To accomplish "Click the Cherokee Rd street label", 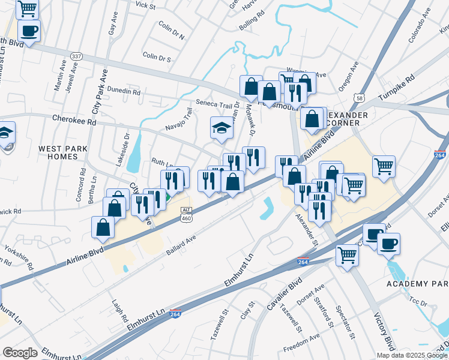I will click(74, 121).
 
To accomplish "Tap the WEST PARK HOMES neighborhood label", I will click(62, 152).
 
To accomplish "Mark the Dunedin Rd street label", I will click(124, 92).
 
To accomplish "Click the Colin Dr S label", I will click(157, 58).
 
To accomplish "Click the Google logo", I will click(20, 353).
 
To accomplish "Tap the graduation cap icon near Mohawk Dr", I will click(221, 128).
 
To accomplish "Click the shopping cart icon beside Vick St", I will click(27, 8).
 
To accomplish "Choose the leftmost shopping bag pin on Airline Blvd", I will click(103, 227).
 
